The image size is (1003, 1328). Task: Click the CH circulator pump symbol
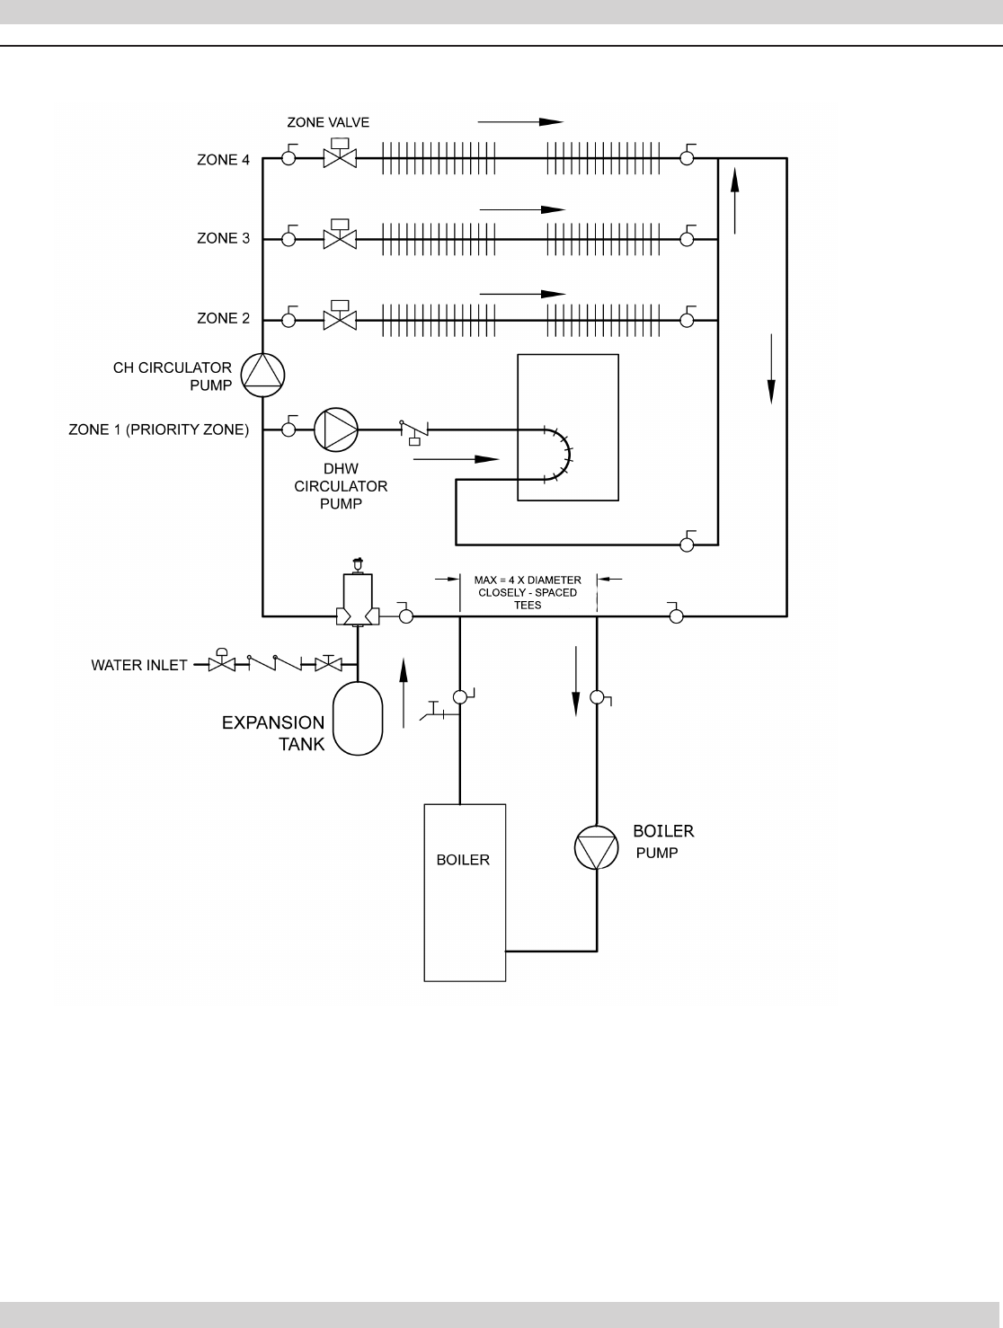tap(262, 375)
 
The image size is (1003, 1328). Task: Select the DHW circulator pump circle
tap(335, 429)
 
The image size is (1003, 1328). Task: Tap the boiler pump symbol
tap(597, 847)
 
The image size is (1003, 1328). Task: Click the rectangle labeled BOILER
tap(465, 891)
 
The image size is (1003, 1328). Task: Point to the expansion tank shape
tap(358, 717)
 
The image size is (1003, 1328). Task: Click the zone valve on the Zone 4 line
tap(340, 157)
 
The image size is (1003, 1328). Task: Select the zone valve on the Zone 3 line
tap(340, 237)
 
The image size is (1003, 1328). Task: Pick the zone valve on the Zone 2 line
tap(340, 317)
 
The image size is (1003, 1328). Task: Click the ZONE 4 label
tap(223, 160)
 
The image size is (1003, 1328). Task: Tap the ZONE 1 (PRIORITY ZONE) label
tap(158, 429)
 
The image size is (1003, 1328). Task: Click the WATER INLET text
tap(139, 666)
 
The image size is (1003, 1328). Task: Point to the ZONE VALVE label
tap(328, 122)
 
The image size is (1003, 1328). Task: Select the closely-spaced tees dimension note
tap(528, 592)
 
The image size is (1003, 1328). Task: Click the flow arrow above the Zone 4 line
tap(520, 121)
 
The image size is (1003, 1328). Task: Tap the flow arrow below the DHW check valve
tap(456, 458)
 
